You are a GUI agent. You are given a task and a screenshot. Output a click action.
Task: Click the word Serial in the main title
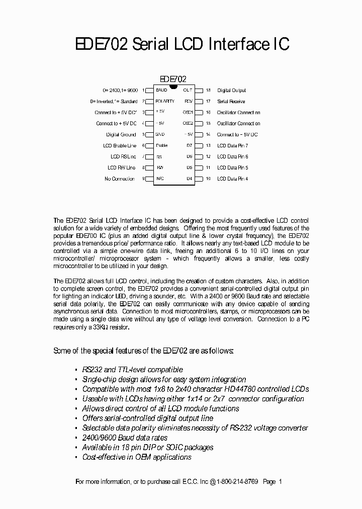[150, 44]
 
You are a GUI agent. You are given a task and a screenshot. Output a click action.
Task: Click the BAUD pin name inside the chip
[161, 91]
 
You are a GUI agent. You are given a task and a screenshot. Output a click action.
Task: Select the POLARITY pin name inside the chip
[165, 102]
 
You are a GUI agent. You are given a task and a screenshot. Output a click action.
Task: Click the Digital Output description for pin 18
[231, 91]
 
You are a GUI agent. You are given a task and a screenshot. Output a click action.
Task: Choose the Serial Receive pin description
[231, 102]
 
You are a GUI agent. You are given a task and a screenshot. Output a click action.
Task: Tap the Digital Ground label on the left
[121, 135]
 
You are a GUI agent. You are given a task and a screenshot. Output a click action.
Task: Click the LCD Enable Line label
[119, 146]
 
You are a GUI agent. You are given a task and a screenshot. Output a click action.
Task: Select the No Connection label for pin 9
[119, 179]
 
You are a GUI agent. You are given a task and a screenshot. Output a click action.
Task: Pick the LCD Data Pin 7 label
[232, 146]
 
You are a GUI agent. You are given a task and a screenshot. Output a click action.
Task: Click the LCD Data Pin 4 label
[232, 179]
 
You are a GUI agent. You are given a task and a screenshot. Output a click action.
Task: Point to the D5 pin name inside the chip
[189, 168]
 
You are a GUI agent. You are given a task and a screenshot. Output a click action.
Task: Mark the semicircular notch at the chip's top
[173, 87]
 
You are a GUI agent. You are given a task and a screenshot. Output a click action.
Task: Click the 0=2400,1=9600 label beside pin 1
[120, 91]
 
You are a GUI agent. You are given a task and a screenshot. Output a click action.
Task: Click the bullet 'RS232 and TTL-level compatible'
[132, 370]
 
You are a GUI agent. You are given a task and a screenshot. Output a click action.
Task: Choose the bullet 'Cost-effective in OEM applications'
[137, 457]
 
